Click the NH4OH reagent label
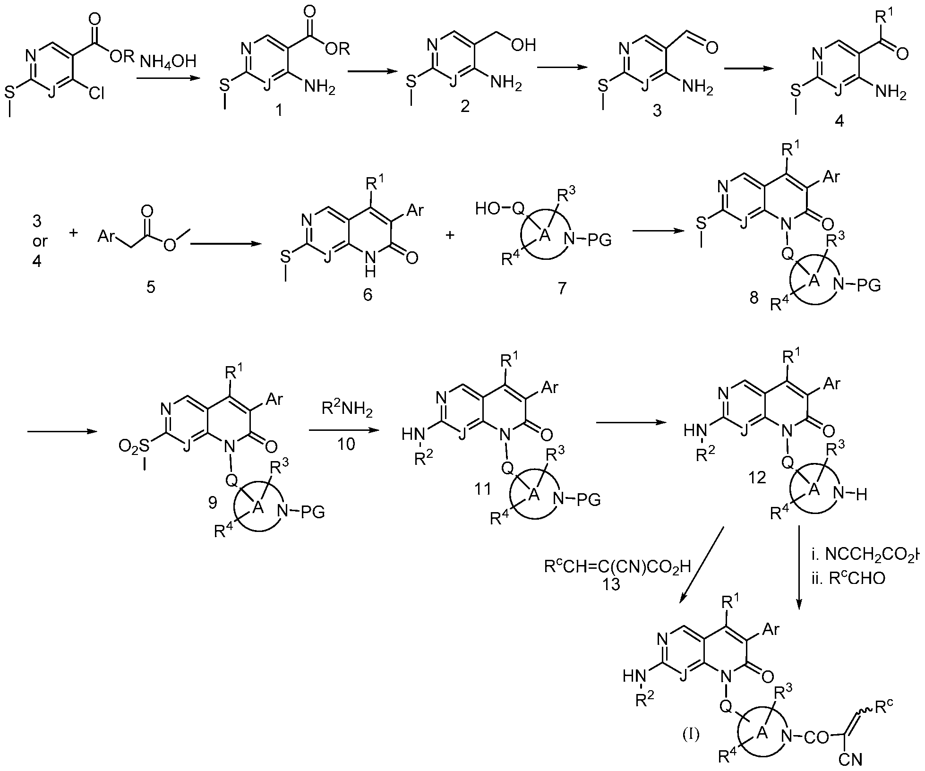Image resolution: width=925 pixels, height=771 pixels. click(x=167, y=61)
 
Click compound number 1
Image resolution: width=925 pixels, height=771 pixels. click(x=279, y=111)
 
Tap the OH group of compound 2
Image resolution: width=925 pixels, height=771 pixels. click(x=523, y=45)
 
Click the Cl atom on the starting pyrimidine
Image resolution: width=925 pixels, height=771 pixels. click(x=96, y=94)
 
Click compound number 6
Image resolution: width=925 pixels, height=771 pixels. click(x=368, y=295)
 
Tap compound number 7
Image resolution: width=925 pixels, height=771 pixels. click(x=561, y=288)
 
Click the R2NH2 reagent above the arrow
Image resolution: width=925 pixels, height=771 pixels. click(x=347, y=409)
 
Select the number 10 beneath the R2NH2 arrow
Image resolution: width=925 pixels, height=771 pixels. click(x=346, y=444)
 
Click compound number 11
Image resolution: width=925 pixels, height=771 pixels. click(x=483, y=489)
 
